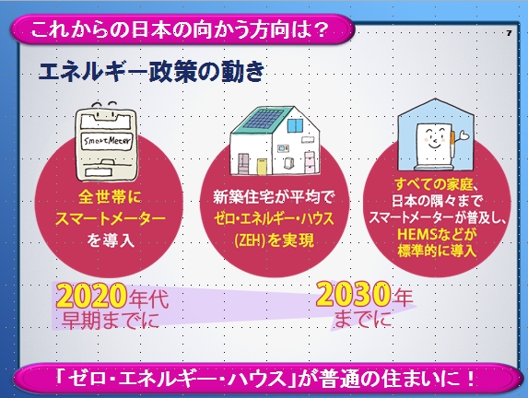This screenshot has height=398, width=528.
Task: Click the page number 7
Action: click(x=509, y=33)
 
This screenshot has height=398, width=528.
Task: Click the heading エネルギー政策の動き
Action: click(x=151, y=72)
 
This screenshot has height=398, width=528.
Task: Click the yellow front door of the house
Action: click(x=263, y=167)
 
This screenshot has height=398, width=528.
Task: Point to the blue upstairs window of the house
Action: click(x=296, y=125)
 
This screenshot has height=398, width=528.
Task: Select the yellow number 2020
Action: click(x=92, y=296)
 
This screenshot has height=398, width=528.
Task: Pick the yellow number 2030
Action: click(x=353, y=294)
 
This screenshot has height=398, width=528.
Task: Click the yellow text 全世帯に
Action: click(x=110, y=198)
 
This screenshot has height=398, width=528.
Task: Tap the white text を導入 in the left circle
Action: click(x=111, y=240)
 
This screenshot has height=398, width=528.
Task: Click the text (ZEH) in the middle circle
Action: click(x=251, y=240)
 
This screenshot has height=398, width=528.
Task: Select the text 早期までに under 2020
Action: click(x=110, y=320)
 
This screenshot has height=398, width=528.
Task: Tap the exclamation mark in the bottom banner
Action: click(x=471, y=378)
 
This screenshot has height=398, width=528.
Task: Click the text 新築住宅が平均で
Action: click(x=274, y=197)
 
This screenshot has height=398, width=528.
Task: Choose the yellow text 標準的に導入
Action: click(x=437, y=251)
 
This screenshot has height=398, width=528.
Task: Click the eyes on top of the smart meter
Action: click(x=105, y=105)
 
